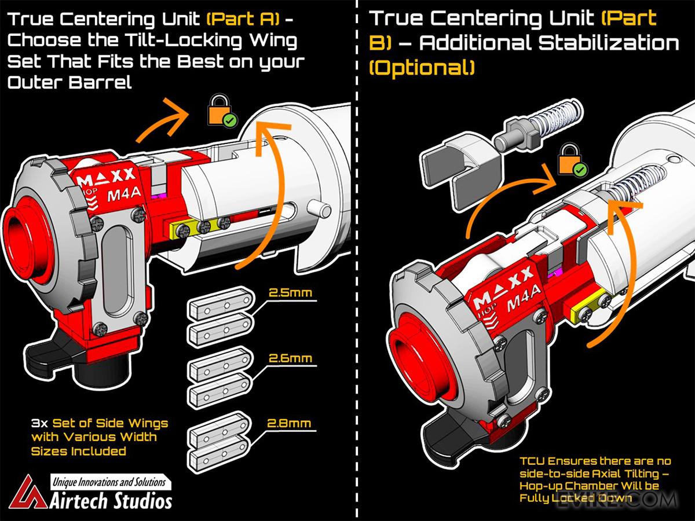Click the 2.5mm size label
(x=290, y=293)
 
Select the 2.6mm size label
(x=290, y=358)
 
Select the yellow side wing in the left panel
(x=197, y=228)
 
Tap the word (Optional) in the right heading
(x=422, y=68)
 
